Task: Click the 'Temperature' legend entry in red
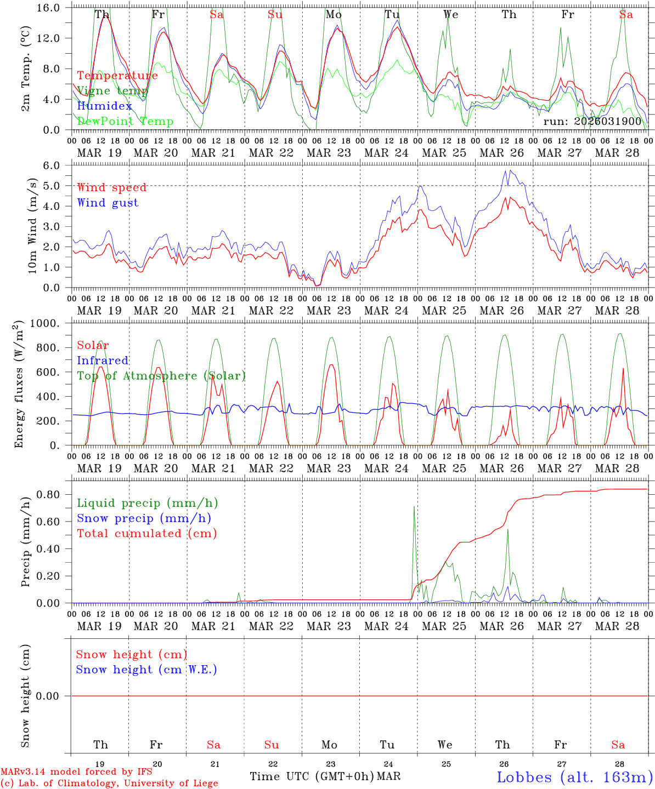117,76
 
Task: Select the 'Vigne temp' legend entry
112,91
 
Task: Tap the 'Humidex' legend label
105,106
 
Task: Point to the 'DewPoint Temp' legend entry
125,122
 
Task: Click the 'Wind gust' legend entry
108,203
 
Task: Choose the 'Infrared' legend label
103,361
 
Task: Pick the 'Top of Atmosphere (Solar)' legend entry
161,376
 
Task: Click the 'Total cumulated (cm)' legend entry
147,534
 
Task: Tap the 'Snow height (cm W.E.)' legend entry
146,670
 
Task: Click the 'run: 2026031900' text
592,121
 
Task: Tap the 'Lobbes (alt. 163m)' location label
575,777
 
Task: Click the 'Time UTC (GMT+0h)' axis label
312,776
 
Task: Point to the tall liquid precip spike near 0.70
414,507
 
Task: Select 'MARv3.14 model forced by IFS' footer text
76,772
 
